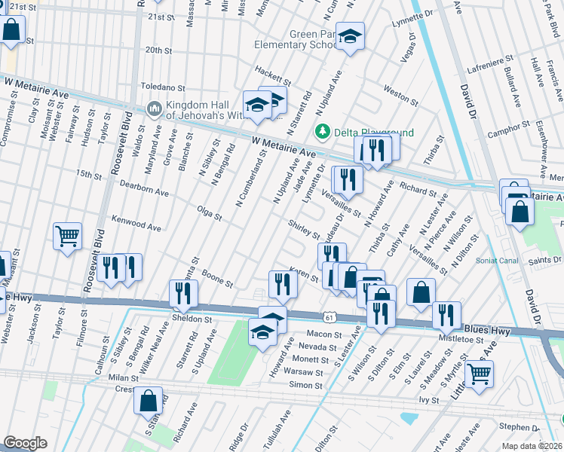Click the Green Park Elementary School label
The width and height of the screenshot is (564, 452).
(x=313, y=39)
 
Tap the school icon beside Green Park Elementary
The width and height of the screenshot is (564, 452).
(x=350, y=37)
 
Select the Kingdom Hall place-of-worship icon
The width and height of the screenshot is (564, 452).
(x=154, y=110)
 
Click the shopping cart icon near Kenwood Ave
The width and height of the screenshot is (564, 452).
(x=67, y=237)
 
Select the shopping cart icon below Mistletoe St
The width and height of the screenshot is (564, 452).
(x=479, y=373)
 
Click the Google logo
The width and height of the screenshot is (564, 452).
(x=25, y=443)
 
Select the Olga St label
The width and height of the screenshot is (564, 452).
(x=209, y=216)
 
